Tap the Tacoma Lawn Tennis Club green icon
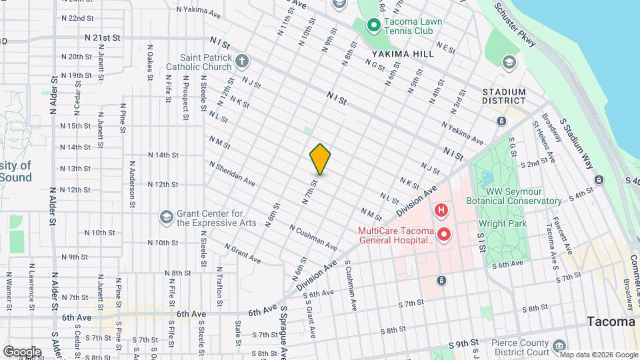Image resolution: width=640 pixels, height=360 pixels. tap(374, 26)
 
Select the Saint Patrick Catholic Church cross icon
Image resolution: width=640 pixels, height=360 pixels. tap(241, 62)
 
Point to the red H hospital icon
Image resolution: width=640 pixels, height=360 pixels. tap(441, 211)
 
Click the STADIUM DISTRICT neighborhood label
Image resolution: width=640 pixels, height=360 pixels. tap(505, 97)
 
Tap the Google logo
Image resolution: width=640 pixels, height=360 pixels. tap(21, 351)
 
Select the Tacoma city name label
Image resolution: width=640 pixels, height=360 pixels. tap(611, 322)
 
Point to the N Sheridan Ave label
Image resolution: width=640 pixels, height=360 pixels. tap(231, 173)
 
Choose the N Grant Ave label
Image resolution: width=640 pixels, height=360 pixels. tap(242, 253)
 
